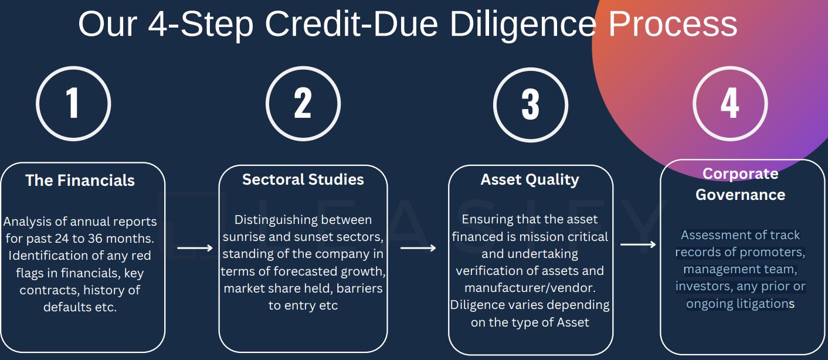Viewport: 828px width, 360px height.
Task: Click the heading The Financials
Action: click(80, 181)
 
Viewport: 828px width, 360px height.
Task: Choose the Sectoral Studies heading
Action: click(303, 179)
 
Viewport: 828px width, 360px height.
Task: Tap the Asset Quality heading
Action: click(530, 179)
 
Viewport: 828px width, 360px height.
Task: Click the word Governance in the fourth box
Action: click(741, 195)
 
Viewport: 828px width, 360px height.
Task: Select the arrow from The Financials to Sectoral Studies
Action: click(195, 247)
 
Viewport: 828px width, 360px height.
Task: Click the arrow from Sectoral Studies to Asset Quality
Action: click(418, 247)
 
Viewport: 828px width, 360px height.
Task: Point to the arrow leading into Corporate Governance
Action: click(638, 244)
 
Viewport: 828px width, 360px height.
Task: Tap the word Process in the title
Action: click(673, 24)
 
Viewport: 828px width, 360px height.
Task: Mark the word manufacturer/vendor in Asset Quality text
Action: click(530, 287)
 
